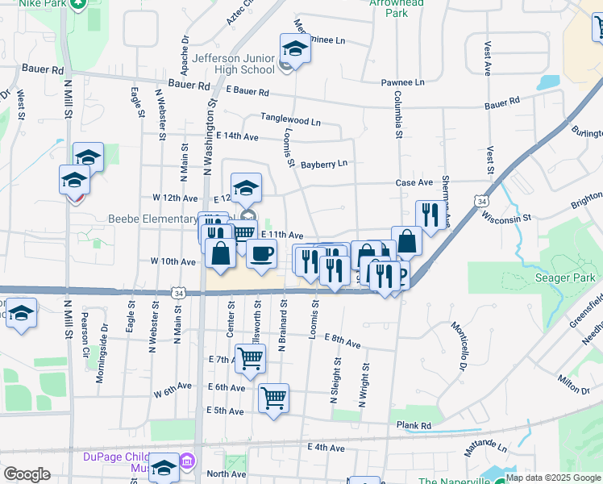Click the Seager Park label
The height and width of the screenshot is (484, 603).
[x=565, y=278]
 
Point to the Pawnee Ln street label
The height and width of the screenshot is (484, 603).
[x=403, y=83]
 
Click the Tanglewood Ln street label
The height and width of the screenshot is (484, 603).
[x=290, y=119]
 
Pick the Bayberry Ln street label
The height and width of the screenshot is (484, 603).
[x=324, y=165]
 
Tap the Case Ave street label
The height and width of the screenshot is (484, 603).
[x=414, y=183]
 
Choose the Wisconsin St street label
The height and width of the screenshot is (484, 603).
[x=506, y=218]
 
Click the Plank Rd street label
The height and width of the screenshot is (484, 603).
[x=414, y=426]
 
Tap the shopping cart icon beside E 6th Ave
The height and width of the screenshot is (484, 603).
[x=274, y=397]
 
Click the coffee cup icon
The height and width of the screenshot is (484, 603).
[x=261, y=254]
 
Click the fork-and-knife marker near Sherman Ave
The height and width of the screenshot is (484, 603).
[x=430, y=215]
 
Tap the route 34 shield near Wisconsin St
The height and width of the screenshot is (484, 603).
[x=481, y=199]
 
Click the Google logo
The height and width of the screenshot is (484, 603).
[x=27, y=474]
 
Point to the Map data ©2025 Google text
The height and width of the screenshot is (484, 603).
[x=553, y=478]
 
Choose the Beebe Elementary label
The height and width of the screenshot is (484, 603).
[x=152, y=219]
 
